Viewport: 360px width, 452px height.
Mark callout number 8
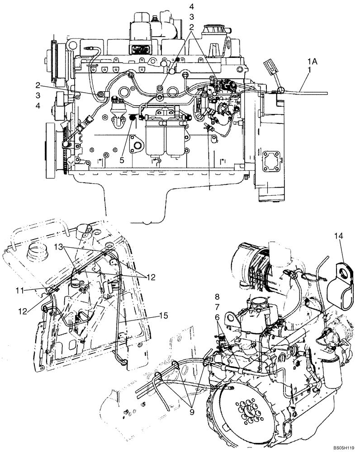[217, 297]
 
